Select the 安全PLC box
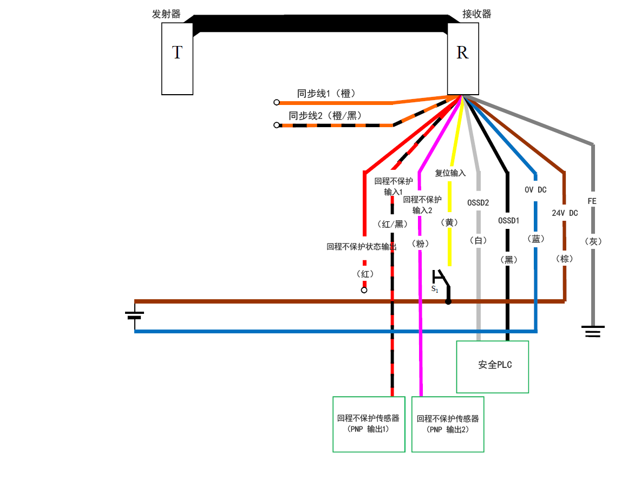492,366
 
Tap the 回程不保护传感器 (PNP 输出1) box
369,424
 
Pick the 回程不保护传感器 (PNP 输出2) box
448,424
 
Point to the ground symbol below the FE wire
593,331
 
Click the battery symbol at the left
135,315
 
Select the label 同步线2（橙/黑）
325,115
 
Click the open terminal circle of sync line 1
277,102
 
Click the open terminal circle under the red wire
364,290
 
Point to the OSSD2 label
478,203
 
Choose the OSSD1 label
508,220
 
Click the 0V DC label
535,190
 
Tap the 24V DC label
565,213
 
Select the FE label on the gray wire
592,201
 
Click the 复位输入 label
450,173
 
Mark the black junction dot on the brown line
448,301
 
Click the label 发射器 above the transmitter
166,15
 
